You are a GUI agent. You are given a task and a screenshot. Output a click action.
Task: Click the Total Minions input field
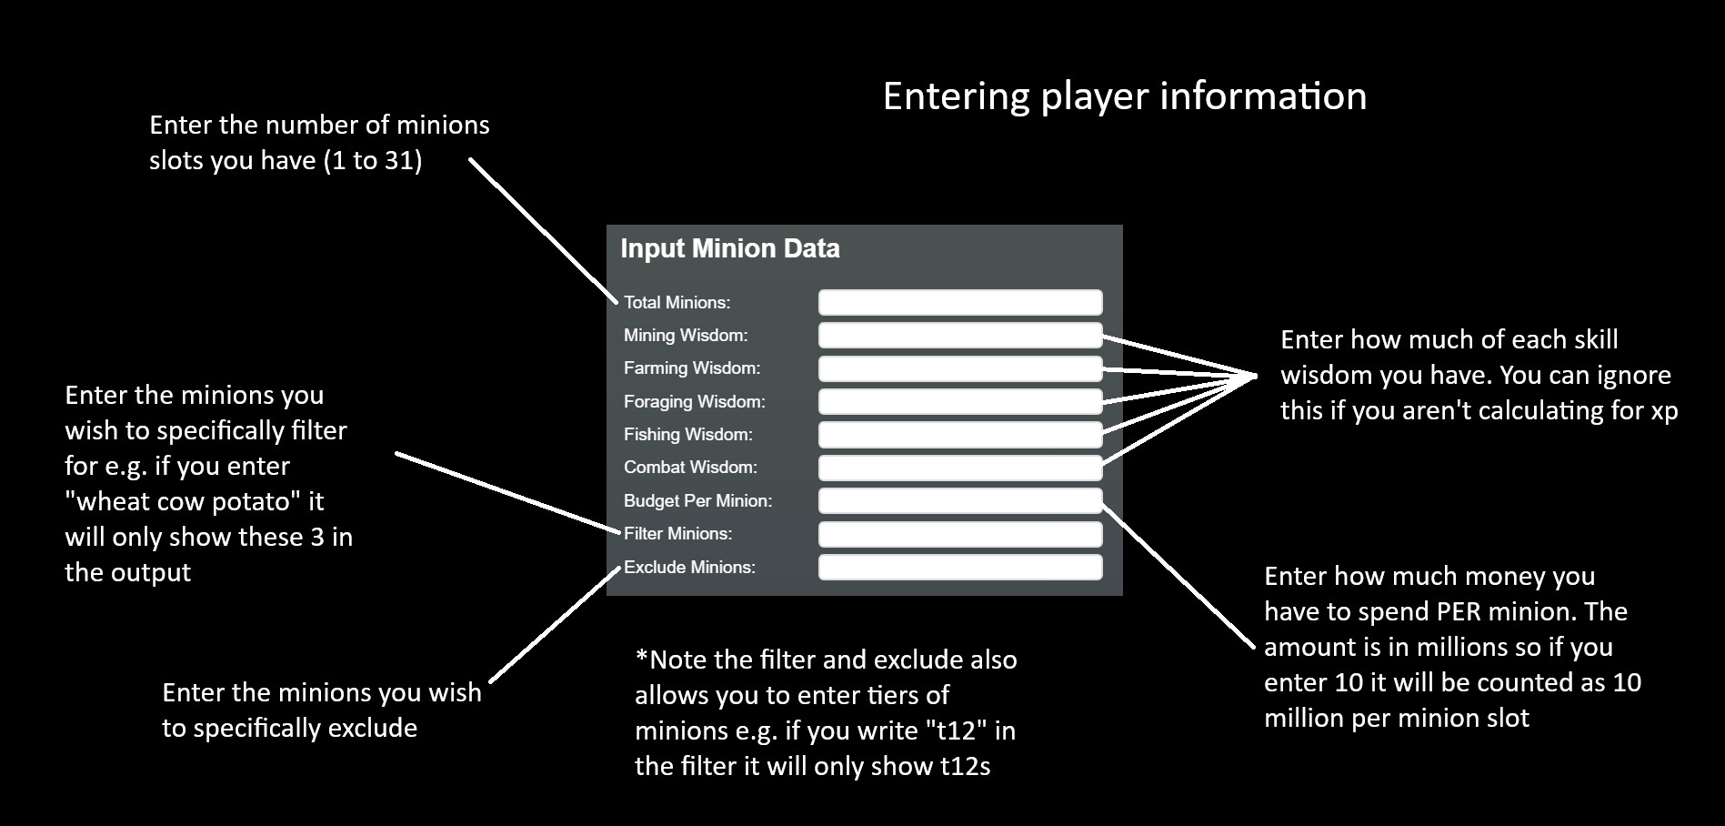click(960, 302)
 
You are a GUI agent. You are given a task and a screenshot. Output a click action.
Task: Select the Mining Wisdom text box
click(960, 336)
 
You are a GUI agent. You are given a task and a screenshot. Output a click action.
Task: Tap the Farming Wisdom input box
click(960, 368)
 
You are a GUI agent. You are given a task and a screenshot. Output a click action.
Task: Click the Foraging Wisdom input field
click(960, 401)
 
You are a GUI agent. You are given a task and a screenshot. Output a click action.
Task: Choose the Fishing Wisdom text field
click(960, 435)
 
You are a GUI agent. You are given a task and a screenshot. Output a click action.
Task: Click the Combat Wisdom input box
click(960, 468)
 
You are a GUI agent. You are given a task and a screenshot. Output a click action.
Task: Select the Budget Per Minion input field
click(960, 500)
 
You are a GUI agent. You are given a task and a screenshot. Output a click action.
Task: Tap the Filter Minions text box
click(960, 534)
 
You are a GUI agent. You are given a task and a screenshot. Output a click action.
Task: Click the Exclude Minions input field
click(960, 567)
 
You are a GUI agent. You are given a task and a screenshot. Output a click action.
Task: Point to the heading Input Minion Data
click(729, 248)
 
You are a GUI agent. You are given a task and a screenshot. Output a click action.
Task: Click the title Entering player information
click(1124, 96)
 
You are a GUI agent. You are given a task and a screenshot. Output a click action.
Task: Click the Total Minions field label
click(677, 302)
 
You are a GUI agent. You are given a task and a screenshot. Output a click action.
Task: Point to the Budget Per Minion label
click(697, 500)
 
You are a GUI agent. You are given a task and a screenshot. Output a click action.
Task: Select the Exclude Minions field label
click(689, 567)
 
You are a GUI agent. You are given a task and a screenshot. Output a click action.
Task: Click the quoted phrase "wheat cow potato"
click(195, 501)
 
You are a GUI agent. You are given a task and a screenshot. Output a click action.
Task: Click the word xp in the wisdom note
click(1663, 411)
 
